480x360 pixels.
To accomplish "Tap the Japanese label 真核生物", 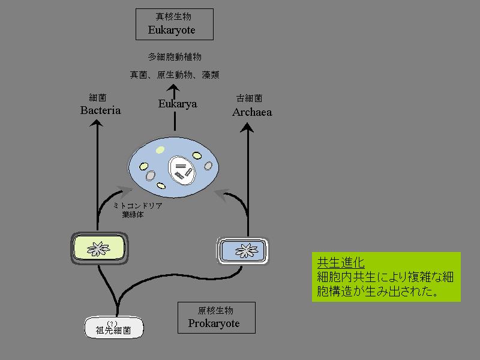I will click(x=173, y=17).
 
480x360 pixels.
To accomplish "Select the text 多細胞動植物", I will click(x=175, y=57).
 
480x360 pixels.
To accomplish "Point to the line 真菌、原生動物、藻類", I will click(x=175, y=75).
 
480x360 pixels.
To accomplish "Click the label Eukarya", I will click(x=178, y=104).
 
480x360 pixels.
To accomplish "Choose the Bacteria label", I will click(x=100, y=110).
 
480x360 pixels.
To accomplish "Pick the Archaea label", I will click(x=252, y=112).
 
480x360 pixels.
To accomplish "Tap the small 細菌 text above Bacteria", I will click(x=97, y=98).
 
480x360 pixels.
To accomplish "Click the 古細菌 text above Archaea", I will click(x=249, y=98).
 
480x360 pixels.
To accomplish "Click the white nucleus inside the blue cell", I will click(x=181, y=170).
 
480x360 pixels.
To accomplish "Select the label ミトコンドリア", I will click(x=138, y=205).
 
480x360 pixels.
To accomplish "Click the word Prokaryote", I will click(x=214, y=323).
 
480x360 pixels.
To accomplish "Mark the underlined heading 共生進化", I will click(x=340, y=263).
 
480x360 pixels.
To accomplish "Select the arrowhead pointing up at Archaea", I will click(x=247, y=126).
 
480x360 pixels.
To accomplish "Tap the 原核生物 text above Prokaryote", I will click(x=215, y=311).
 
